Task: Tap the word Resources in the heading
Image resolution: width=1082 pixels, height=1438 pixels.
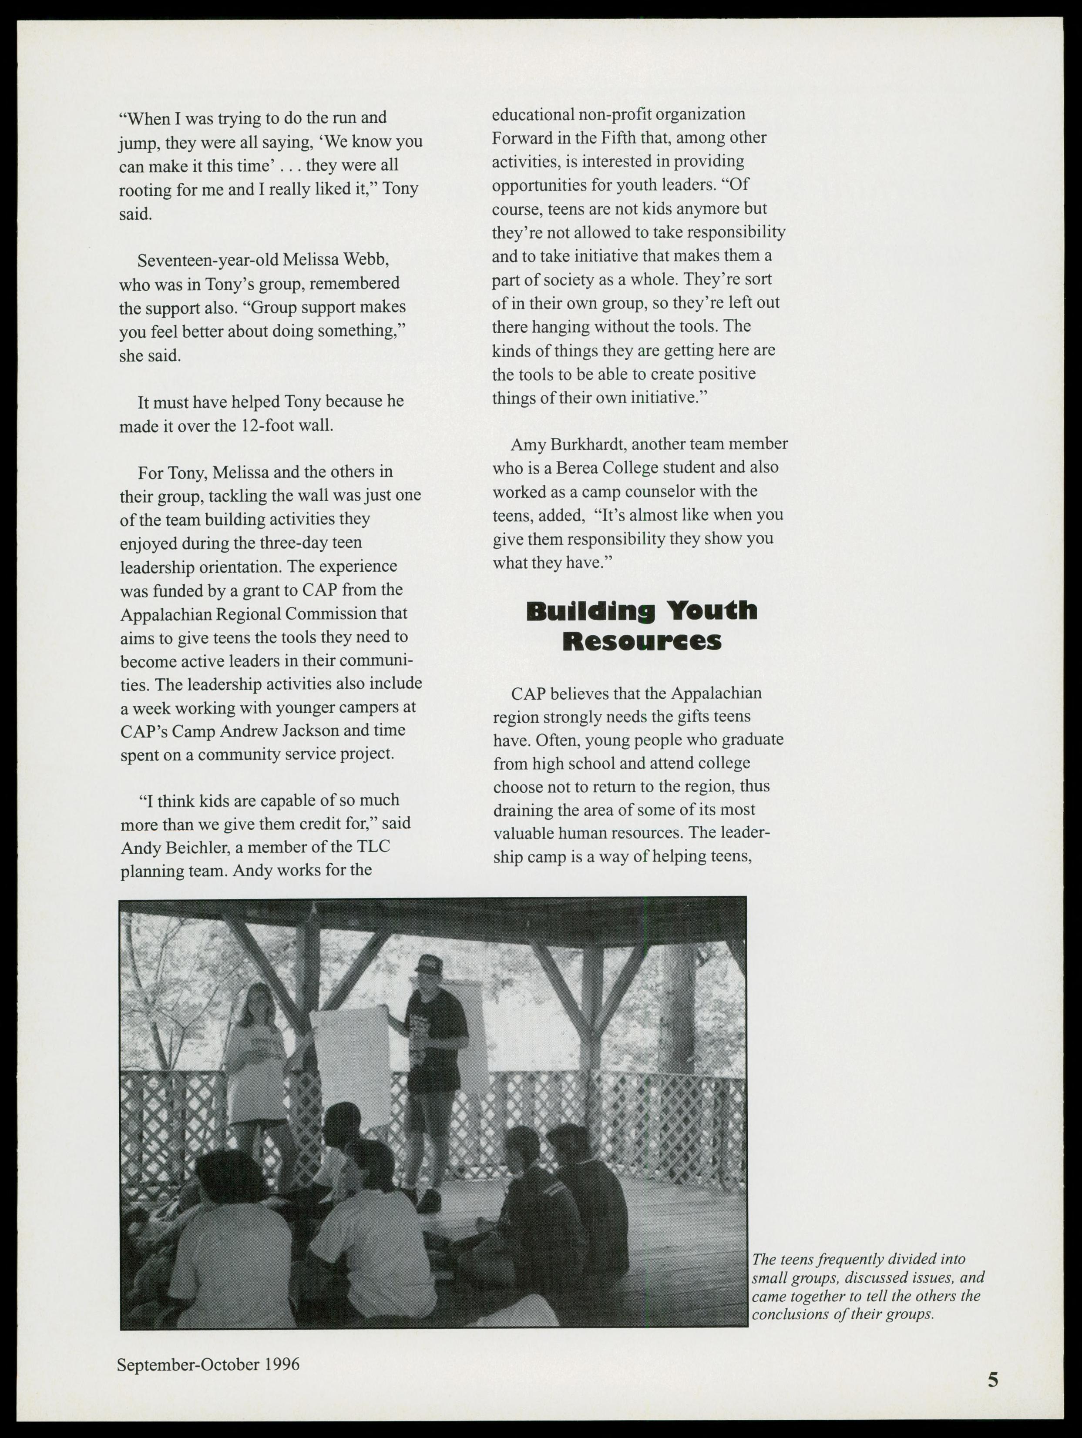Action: pyautogui.click(x=642, y=642)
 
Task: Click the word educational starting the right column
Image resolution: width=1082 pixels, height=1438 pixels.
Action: pyautogui.click(x=533, y=114)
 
